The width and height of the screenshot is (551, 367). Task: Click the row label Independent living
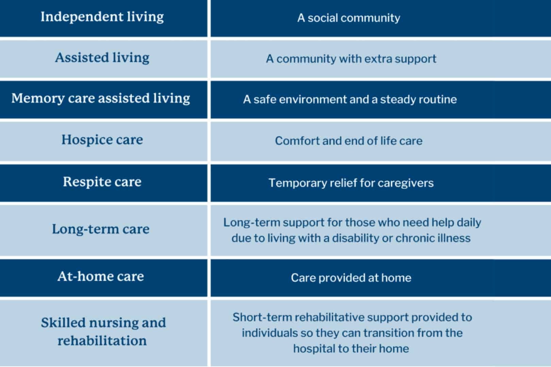pos(102,17)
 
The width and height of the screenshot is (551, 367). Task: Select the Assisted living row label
pos(102,58)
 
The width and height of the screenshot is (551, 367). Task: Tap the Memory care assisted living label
pos(101,99)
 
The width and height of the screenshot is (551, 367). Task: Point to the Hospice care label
pos(102,140)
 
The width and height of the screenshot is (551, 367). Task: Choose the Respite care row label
pos(102,182)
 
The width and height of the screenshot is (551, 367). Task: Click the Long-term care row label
pos(101,229)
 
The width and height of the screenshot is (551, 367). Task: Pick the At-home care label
pos(101,277)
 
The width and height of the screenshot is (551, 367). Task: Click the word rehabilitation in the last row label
pos(102,340)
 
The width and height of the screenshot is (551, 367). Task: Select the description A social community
pos(349,18)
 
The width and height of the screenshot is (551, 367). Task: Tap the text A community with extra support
pos(351,59)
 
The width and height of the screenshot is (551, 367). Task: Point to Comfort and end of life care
pos(349,141)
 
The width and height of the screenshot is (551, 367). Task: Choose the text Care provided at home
pos(351,278)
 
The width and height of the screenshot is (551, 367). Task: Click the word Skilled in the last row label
pos(63,323)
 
